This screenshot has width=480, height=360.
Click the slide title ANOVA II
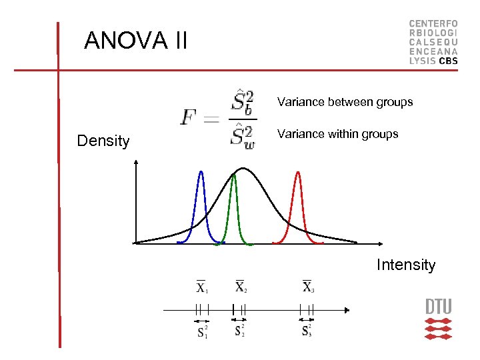pyautogui.click(x=136, y=41)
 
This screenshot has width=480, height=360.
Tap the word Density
pyautogui.click(x=103, y=141)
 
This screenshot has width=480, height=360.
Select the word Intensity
pyautogui.click(x=405, y=265)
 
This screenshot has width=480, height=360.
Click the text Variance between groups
pyautogui.click(x=345, y=102)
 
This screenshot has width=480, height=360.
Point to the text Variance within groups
pyautogui.click(x=337, y=134)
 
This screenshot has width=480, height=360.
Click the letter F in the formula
pyautogui.click(x=189, y=119)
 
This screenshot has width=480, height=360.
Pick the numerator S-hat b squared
pyautogui.click(x=242, y=101)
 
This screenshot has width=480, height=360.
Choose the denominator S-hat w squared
pyautogui.click(x=242, y=137)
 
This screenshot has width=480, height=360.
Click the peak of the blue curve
pyautogui.click(x=201, y=173)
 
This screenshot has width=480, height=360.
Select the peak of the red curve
pyautogui.click(x=298, y=173)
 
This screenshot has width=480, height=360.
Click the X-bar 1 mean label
pyautogui.click(x=202, y=287)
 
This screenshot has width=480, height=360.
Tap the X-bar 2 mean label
pyautogui.click(x=241, y=286)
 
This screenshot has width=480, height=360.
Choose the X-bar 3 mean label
pyautogui.click(x=308, y=286)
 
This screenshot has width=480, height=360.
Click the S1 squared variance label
pyautogui.click(x=202, y=331)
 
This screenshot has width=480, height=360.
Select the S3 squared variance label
pyautogui.click(x=307, y=331)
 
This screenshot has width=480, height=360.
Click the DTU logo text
pyautogui.click(x=438, y=307)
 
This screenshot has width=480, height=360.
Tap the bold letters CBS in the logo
pyautogui.click(x=448, y=60)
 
